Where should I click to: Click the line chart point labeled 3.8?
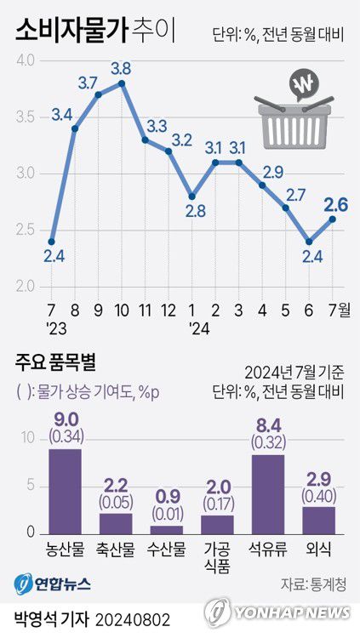coord(122,83)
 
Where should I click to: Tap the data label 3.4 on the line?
coord(61,113)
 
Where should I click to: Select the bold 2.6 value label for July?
coord(334,204)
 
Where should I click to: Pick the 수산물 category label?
coord(167,550)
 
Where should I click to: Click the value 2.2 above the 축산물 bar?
coord(116,486)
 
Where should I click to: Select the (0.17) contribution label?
coord(217,505)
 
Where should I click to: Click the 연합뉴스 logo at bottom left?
coord(53,584)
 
